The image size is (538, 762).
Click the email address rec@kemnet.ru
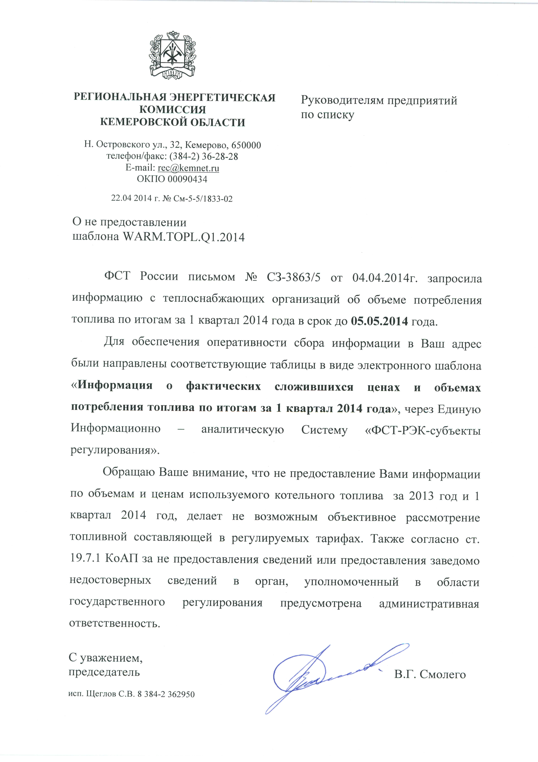188,168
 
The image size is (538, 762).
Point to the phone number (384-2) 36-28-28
203,156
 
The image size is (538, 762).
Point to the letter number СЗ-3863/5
293,277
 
